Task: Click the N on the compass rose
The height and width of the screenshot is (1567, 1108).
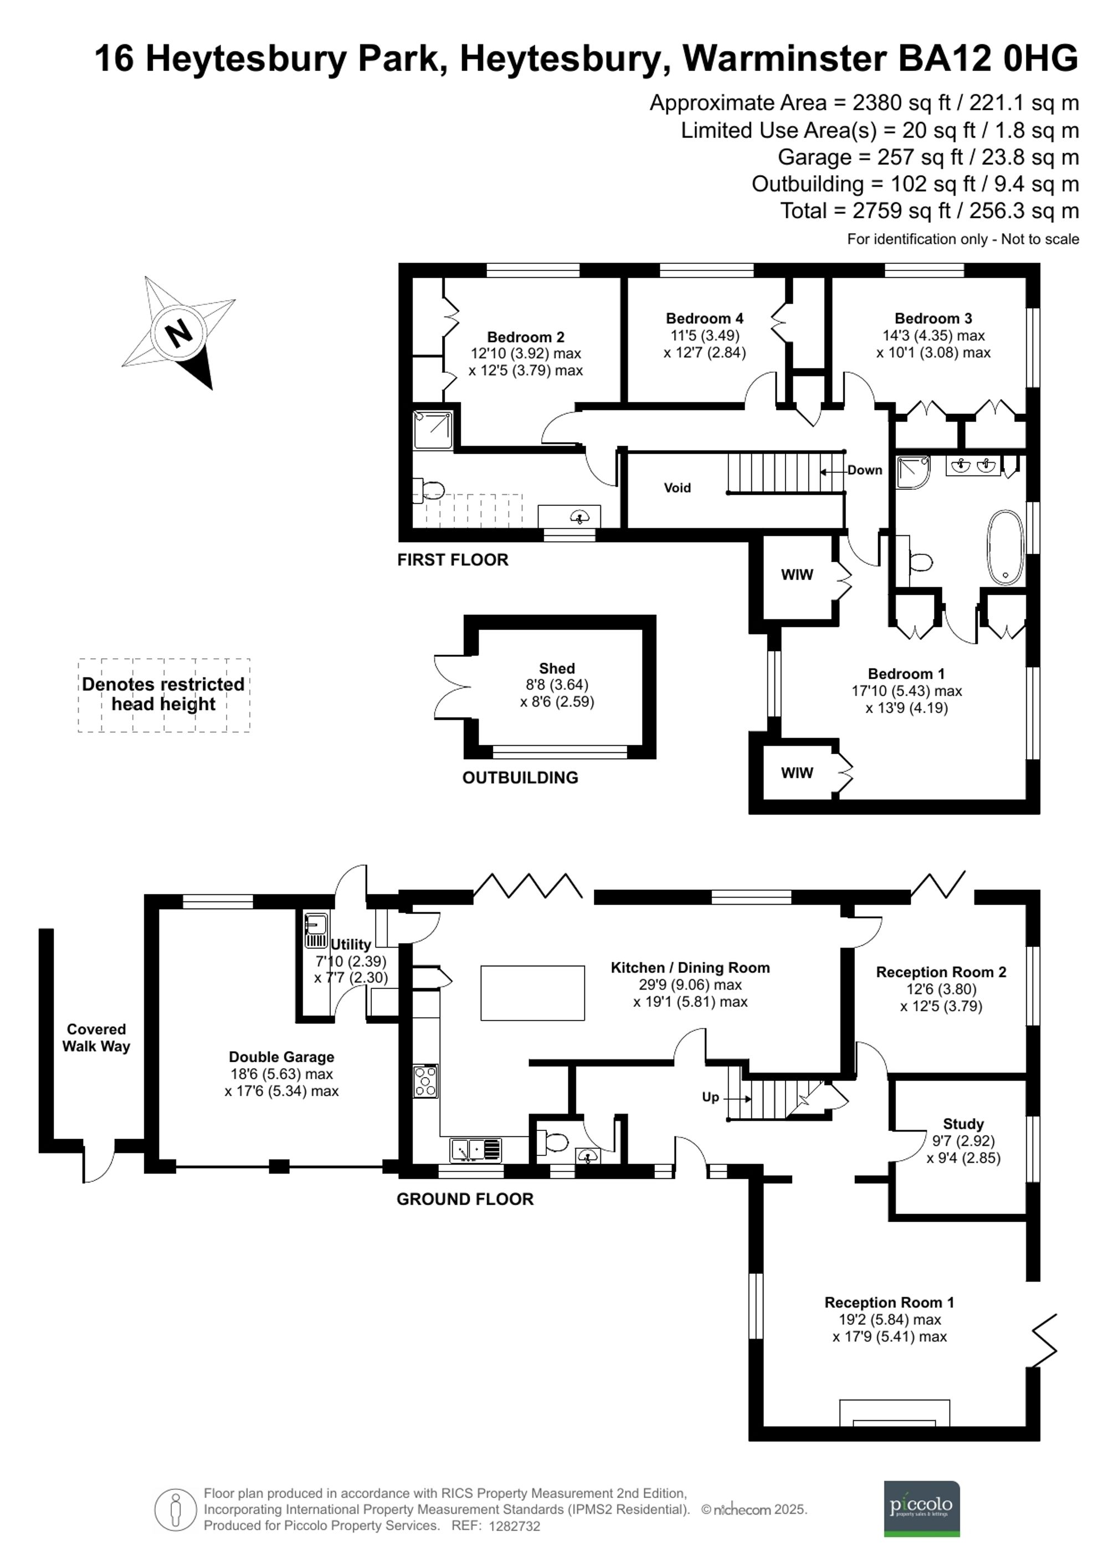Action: tap(179, 334)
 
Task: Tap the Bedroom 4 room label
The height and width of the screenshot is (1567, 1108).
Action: tap(704, 318)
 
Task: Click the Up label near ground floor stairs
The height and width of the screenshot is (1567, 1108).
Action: tap(710, 1097)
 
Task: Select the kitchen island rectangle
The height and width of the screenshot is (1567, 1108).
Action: tap(532, 993)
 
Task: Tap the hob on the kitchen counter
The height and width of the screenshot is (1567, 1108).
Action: tap(425, 1081)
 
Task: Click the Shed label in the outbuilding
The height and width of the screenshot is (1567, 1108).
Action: tap(556, 668)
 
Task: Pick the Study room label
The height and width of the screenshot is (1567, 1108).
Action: tap(963, 1123)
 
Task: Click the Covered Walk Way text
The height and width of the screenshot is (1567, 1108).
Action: tap(96, 1037)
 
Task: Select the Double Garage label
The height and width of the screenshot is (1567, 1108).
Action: tap(281, 1057)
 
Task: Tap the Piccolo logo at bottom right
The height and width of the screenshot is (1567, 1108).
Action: tap(921, 1508)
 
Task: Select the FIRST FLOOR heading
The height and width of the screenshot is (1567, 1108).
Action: tap(453, 560)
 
